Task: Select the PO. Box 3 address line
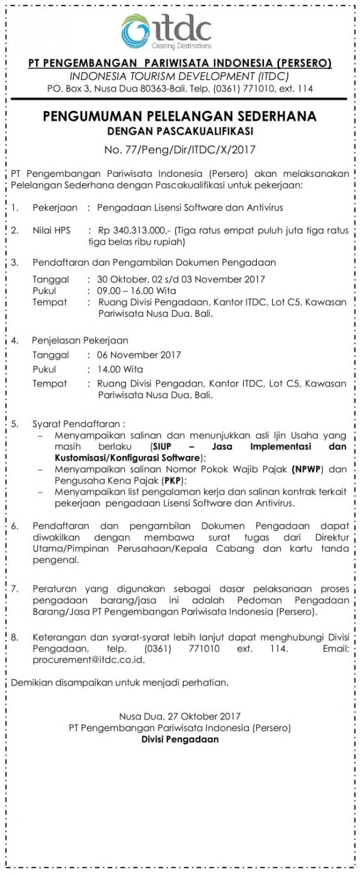(179, 88)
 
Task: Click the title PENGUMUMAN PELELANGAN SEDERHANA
(179, 116)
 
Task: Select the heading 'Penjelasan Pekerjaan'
(80, 340)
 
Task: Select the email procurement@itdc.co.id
(78, 659)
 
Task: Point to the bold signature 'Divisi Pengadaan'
(179, 739)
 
